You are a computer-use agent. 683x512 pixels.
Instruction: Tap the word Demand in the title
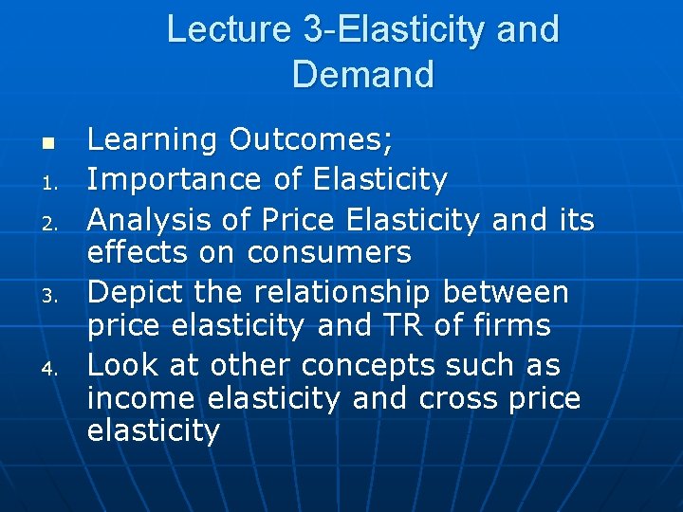click(x=363, y=74)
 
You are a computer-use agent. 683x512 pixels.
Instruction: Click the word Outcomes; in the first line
click(x=312, y=140)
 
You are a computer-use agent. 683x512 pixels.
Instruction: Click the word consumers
click(x=329, y=252)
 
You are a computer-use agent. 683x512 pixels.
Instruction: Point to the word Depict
click(x=128, y=292)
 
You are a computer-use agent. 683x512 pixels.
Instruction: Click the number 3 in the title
click(x=313, y=29)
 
